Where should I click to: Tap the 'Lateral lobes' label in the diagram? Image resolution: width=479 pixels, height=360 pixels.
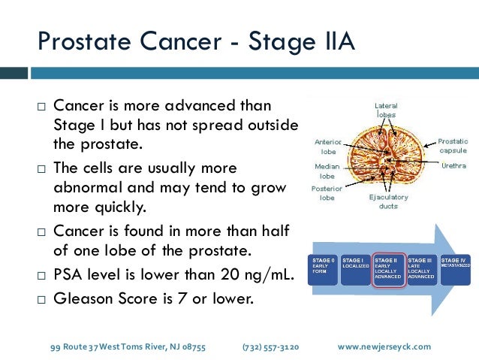[x=386, y=110]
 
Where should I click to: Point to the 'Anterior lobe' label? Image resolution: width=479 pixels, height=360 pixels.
[x=329, y=146]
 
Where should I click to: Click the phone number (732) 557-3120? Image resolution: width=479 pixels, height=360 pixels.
[x=270, y=346]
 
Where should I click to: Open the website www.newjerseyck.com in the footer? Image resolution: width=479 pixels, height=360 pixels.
[x=384, y=346]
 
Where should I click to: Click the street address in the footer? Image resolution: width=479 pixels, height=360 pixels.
[x=128, y=346]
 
